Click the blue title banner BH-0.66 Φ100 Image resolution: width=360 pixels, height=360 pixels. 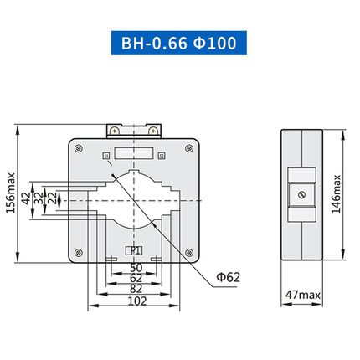(x=179, y=42)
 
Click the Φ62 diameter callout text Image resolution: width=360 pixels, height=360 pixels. (x=227, y=276)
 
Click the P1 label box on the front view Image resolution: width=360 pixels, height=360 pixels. (x=133, y=249)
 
